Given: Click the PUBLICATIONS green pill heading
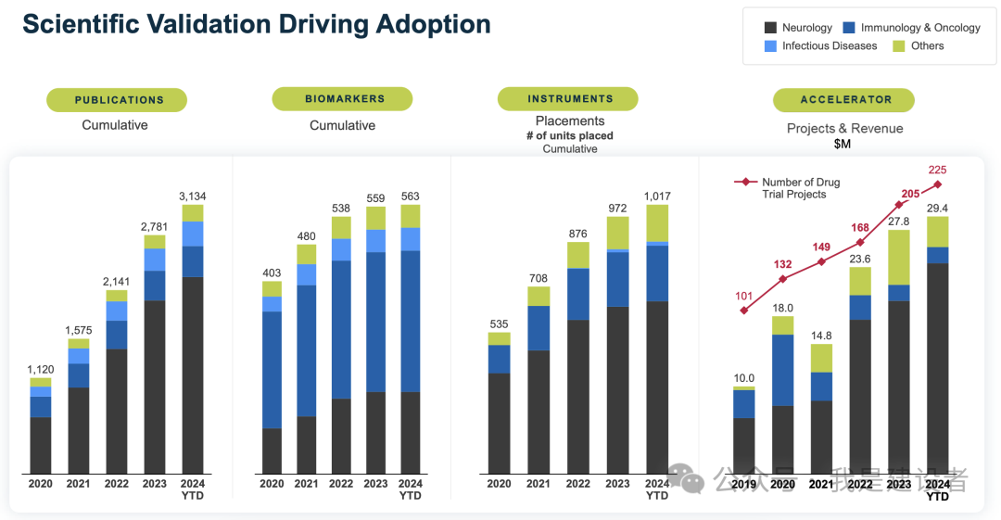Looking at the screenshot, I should [117, 100].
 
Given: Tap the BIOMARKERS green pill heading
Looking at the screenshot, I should [342, 99].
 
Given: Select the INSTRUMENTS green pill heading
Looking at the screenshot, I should [567, 99].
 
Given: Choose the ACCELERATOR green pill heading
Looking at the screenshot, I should [843, 100].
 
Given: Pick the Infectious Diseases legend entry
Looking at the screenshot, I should [829, 45].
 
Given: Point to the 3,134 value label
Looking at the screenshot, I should [192, 196].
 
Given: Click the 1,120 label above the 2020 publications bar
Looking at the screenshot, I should [40, 369].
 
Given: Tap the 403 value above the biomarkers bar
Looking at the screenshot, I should [272, 273].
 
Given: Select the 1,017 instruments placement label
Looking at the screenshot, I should [656, 196].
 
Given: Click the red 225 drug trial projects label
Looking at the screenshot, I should [937, 170].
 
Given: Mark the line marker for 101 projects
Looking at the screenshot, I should [744, 310].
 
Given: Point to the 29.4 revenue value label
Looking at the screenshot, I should [937, 209].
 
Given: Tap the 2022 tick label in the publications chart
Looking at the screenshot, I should [117, 484].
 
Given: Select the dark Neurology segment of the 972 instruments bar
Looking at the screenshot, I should [617, 389].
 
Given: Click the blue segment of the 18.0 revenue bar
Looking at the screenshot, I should [782, 370].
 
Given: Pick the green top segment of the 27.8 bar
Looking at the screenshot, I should [898, 257].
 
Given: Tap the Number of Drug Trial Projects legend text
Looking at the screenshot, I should [800, 188].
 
